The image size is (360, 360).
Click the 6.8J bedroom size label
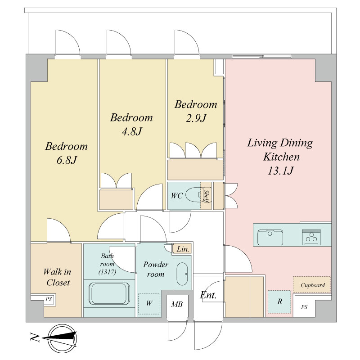67,160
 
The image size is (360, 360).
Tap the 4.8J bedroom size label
132,131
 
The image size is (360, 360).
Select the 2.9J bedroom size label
196,118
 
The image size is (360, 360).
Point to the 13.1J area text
280,171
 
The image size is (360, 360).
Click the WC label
177,196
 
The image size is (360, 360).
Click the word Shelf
206,196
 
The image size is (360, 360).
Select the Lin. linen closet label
183,249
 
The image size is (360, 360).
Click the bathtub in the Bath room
109,294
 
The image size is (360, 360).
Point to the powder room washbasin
182,274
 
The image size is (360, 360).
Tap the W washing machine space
149,303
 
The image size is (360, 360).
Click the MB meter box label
177,304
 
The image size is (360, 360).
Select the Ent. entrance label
208,295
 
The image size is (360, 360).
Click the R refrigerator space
279,301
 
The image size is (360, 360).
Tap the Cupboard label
312,285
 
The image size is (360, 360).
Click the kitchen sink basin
270,238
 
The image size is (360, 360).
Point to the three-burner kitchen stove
311,237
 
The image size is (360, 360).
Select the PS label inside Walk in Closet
49,299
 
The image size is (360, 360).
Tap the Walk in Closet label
58,277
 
